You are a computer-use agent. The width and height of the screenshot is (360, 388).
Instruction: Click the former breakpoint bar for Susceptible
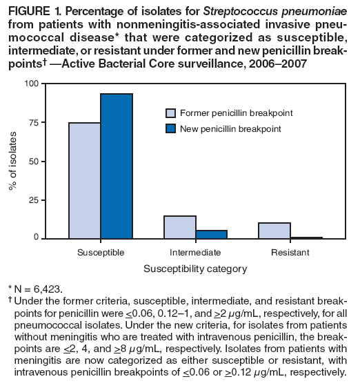[x=84, y=180]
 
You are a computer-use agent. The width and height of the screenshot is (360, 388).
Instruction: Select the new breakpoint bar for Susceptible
[x=117, y=166]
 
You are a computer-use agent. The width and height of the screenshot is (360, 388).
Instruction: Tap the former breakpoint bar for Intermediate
[x=179, y=227]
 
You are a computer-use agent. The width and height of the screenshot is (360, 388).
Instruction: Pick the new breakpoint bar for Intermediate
[x=211, y=234]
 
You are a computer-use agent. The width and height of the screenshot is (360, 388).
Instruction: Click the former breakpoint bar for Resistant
[x=274, y=231]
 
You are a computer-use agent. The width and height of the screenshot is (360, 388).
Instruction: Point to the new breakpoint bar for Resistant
[x=306, y=237]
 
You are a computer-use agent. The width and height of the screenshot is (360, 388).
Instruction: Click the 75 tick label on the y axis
[x=34, y=122]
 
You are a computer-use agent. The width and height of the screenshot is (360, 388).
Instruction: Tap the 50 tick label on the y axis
[x=34, y=161]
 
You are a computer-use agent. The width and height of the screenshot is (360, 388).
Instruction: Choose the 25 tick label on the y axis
[x=34, y=200]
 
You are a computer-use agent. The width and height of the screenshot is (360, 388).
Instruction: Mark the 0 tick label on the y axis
[x=37, y=238]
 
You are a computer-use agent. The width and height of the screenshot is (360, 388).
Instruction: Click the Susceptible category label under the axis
[x=101, y=253]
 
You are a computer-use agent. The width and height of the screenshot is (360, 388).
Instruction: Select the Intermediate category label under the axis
[x=195, y=253]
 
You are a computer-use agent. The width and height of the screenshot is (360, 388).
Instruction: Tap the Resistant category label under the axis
[x=290, y=253]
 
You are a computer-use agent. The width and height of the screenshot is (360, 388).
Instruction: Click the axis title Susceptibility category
[x=195, y=269]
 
